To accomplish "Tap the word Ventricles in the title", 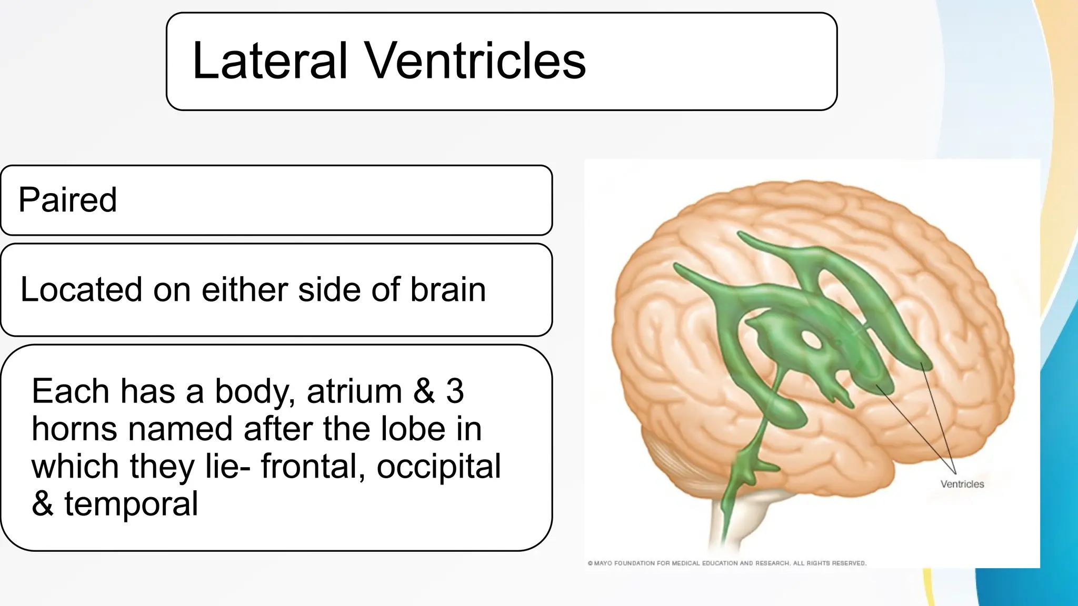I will coord(475,61).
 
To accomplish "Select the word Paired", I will coord(67,200).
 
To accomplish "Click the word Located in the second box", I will coord(81,289).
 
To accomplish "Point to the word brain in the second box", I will coord(448,289).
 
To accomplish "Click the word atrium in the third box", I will coord(354,391).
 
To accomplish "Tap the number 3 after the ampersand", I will coord(455,391).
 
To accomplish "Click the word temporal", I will coord(131,504).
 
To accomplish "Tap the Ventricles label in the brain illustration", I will coord(962,484).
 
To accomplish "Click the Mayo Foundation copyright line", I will coord(726,563).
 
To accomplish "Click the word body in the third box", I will coord(255,391).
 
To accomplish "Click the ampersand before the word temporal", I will coord(43,504).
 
